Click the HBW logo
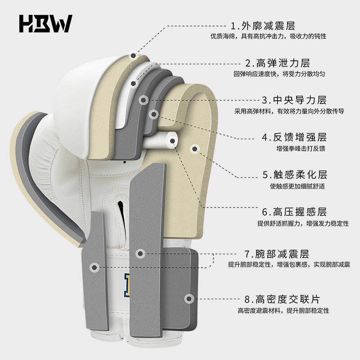pyautogui.click(x=46, y=24)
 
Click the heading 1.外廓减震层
pyautogui.click(x=263, y=26)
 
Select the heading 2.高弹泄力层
pyautogui.click(x=278, y=63)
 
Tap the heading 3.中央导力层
pyautogui.click(x=294, y=100)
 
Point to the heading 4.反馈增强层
pyautogui.click(x=294, y=137)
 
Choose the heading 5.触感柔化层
pyautogui.click(x=295, y=175)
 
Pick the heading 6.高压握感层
pyautogui.click(x=294, y=211)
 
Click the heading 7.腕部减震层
pyautogui.click(x=277, y=254)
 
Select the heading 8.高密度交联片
pyautogui.click(x=282, y=299)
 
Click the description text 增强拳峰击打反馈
pyautogui.click(x=301, y=148)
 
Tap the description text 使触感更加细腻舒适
pyautogui.click(x=297, y=186)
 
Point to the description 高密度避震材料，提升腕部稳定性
pyautogui.click(x=283, y=310)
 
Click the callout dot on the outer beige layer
pyautogui.click(x=133, y=55)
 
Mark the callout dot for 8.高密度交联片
pyautogui.click(x=189, y=299)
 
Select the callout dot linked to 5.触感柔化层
pyautogui.click(x=195, y=149)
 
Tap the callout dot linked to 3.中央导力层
pyautogui.click(x=143, y=100)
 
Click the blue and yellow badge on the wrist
pyautogui.click(x=127, y=285)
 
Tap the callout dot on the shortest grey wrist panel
pyautogui.click(x=94, y=267)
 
